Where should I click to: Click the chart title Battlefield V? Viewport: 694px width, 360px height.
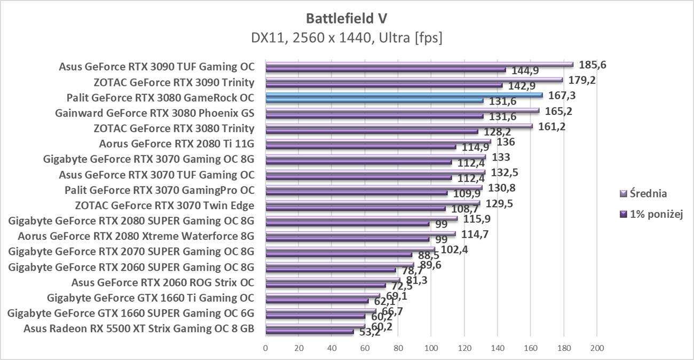346,18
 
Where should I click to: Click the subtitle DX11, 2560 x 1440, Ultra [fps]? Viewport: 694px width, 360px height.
346,38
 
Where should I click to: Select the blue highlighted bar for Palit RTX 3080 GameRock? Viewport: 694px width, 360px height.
404,96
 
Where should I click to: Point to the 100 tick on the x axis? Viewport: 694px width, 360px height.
431,348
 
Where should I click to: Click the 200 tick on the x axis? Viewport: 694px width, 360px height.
596,348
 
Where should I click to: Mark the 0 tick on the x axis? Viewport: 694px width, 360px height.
266,348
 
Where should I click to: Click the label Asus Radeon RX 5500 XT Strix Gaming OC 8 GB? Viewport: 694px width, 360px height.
139,328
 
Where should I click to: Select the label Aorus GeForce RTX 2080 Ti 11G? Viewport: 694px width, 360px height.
177,143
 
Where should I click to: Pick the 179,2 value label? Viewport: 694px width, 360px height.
582,80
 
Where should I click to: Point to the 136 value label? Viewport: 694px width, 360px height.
506,142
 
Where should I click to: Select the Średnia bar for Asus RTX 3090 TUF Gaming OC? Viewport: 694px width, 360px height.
419,65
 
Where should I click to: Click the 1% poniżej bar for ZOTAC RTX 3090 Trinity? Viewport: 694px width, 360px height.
384,85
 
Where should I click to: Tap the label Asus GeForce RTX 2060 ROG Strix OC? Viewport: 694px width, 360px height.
163,282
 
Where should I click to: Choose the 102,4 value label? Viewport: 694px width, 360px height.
454,248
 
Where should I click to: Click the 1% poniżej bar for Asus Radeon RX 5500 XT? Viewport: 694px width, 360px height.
310,332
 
